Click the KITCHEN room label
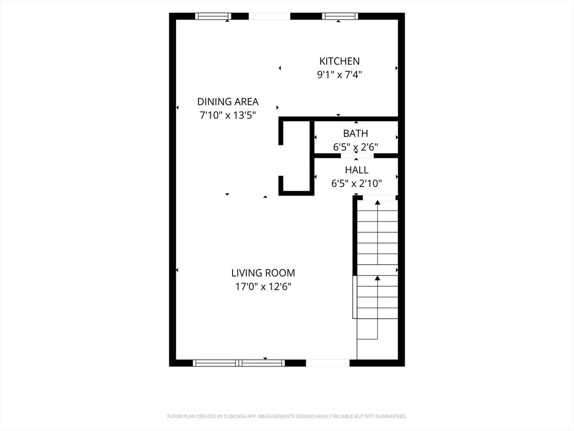pyautogui.click(x=339, y=61)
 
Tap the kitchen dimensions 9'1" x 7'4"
pyautogui.click(x=339, y=75)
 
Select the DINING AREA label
pyautogui.click(x=228, y=102)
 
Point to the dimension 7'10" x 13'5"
pyautogui.click(x=228, y=116)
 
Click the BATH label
pyautogui.click(x=355, y=134)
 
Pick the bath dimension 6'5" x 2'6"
pyautogui.click(x=355, y=147)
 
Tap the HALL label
pyautogui.click(x=357, y=170)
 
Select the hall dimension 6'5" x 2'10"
pyautogui.click(x=357, y=184)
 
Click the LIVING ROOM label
pyautogui.click(x=263, y=273)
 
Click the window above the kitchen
pyautogui.click(x=340, y=16)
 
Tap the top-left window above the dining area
pyautogui.click(x=212, y=16)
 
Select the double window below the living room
pyautogui.click(x=239, y=363)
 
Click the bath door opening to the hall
pyautogui.click(x=357, y=156)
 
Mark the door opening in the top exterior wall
pyautogui.click(x=270, y=16)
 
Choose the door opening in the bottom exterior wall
pyautogui.click(x=327, y=363)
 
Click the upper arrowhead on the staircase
pyautogui.click(x=377, y=202)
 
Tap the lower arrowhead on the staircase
pyautogui.click(x=377, y=278)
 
